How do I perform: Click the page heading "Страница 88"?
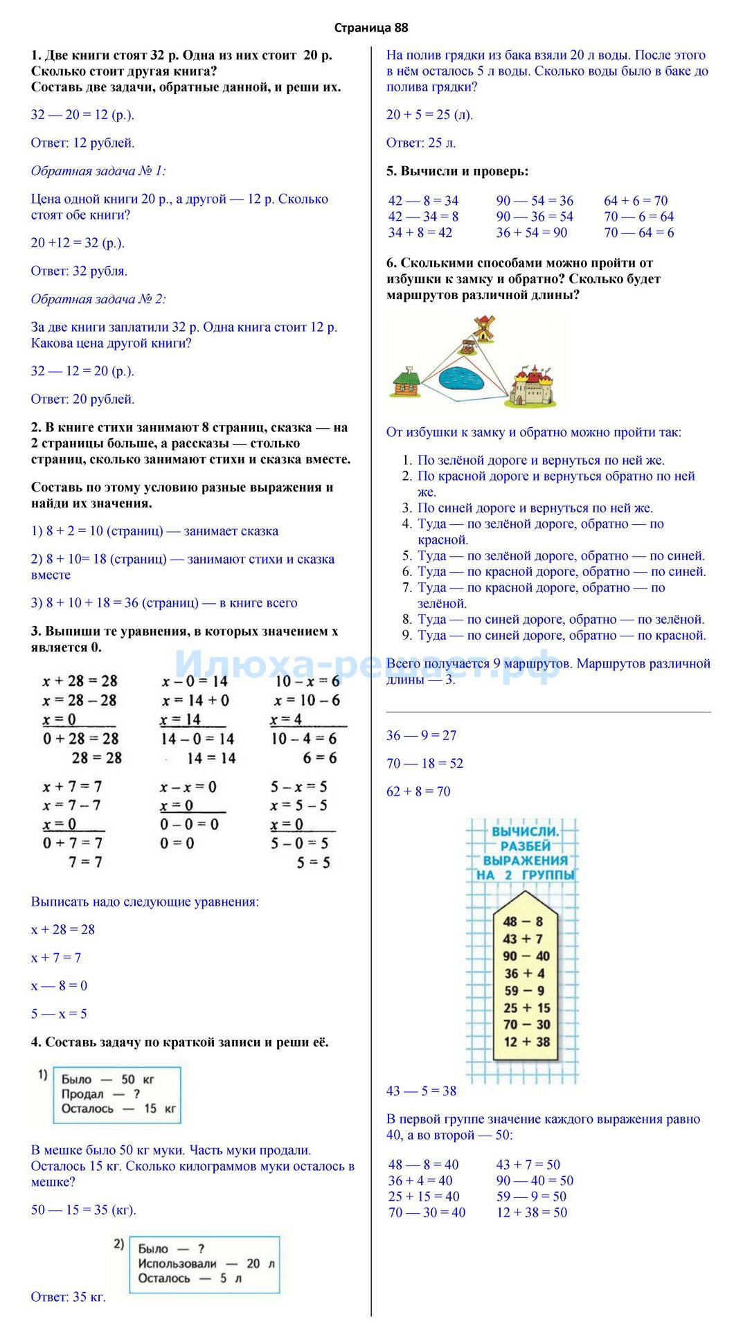(x=370, y=28)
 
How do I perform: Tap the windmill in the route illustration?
(x=482, y=328)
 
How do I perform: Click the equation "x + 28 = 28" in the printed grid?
(x=80, y=681)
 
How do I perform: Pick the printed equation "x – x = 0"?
(x=188, y=787)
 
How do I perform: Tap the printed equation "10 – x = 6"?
(x=307, y=681)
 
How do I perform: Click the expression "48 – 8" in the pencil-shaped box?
(x=522, y=921)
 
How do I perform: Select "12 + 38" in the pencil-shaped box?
(x=526, y=1041)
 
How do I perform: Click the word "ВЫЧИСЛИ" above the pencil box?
(x=525, y=831)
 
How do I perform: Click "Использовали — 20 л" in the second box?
(x=206, y=1264)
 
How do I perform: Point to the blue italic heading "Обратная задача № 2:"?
(x=98, y=299)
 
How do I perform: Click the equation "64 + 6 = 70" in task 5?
(x=636, y=201)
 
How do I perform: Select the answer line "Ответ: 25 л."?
(x=421, y=143)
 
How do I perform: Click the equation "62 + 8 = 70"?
(x=418, y=791)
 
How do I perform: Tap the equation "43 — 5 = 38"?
(x=421, y=1091)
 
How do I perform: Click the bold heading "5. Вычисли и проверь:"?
(x=457, y=171)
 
